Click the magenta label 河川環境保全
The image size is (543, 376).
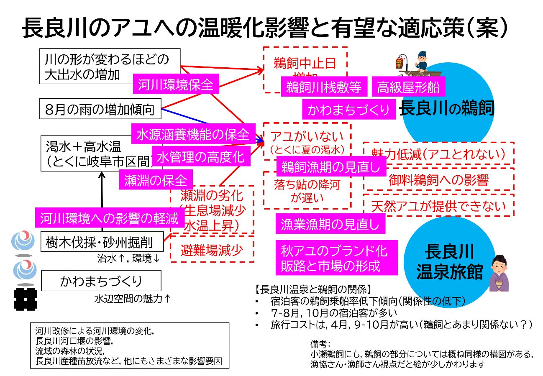coord(175,85)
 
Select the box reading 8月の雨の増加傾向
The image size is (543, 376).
coord(100,110)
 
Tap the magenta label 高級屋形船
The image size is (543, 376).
coord(408,87)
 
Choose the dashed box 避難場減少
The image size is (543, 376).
coord(212,250)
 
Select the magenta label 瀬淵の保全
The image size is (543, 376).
coord(156,180)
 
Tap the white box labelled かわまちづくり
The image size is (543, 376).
coord(101,281)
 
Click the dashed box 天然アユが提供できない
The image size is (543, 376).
coord(438,205)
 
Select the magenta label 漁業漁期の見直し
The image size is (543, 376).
coord(330,224)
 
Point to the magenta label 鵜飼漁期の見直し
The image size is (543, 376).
coord(331,167)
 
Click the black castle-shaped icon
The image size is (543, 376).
coord(25,299)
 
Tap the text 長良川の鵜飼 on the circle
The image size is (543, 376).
coord(447,109)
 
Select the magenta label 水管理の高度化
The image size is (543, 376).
coord(200,157)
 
